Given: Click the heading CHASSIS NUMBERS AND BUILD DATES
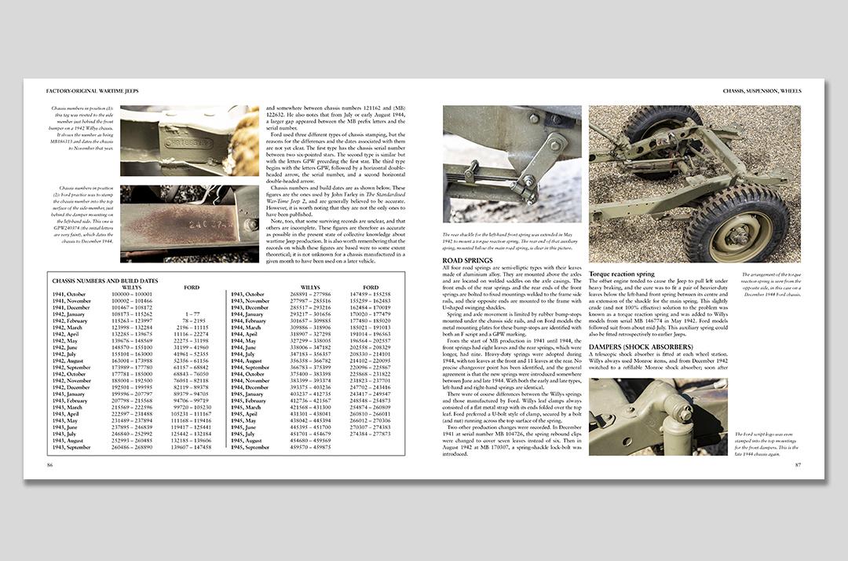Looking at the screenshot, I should click(x=104, y=280).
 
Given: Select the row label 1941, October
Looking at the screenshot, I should click(x=70, y=293).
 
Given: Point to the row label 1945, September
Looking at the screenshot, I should click(x=251, y=448).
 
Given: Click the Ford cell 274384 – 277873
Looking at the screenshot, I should click(x=371, y=434).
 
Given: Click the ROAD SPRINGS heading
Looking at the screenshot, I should click(x=468, y=260).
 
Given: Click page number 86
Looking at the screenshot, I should click(x=50, y=465).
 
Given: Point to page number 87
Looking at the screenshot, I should click(x=796, y=465).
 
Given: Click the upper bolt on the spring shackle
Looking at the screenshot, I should click(x=534, y=120).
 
